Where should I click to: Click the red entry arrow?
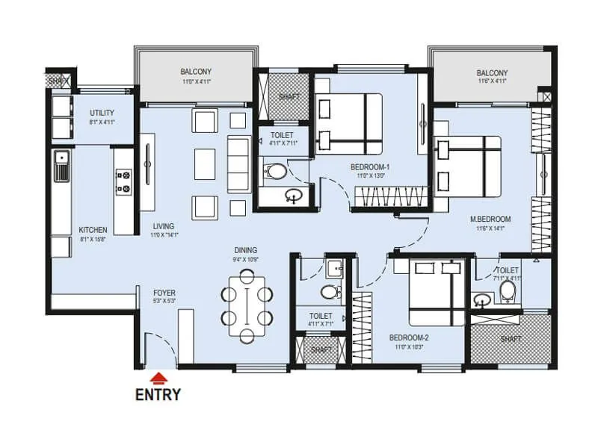[x=158, y=379]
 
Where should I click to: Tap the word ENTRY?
[x=158, y=395]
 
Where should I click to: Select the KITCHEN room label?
[x=93, y=230]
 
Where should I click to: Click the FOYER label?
[x=164, y=293]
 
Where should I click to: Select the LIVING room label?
[x=164, y=226]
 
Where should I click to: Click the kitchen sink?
[x=61, y=166]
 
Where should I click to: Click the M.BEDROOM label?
[x=490, y=219]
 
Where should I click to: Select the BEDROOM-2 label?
[x=409, y=337]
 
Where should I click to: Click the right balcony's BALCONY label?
[x=492, y=73]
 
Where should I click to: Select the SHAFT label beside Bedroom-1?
[x=289, y=97]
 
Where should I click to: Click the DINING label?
[x=245, y=250]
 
